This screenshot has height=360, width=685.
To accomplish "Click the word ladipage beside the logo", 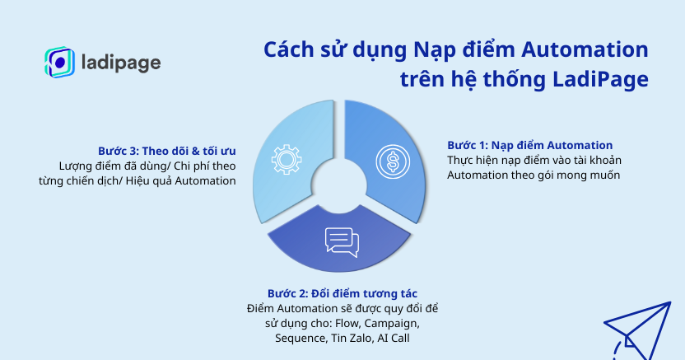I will (121, 63).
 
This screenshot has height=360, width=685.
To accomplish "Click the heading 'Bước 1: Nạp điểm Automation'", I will (529, 145).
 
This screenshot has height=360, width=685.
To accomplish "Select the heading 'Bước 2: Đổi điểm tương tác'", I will (342, 293).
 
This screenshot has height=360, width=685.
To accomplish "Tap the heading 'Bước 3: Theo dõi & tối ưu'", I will (166, 151).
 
